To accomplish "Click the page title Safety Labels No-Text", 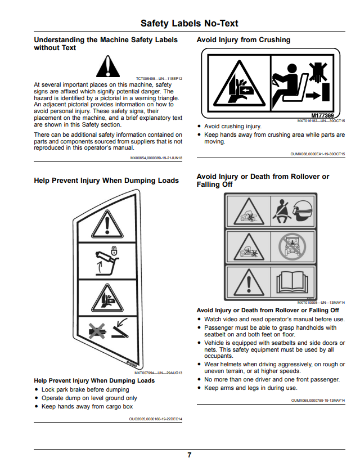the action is [190, 23].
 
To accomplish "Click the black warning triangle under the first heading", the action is [108, 66].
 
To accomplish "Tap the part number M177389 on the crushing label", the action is [322, 115].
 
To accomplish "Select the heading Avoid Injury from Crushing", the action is [244, 40].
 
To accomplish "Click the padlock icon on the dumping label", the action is [114, 250].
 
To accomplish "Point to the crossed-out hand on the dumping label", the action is [97, 331].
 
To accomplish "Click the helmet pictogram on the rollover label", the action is [303, 210].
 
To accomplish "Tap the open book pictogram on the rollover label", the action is [292, 282].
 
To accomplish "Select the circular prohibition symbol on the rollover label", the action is [292, 246].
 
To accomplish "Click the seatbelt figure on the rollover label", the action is [281, 211].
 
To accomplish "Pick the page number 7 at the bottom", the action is [190, 455].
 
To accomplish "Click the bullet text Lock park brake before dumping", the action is [85, 389].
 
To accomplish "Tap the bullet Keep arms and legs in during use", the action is [251, 388].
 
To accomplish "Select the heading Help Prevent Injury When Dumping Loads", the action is [106, 181].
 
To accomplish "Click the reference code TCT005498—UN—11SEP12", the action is [159, 79].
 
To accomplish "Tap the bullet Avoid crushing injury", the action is [233, 126].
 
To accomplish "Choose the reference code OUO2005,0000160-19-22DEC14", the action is [155, 419].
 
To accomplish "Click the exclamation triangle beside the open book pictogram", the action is [249, 282].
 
